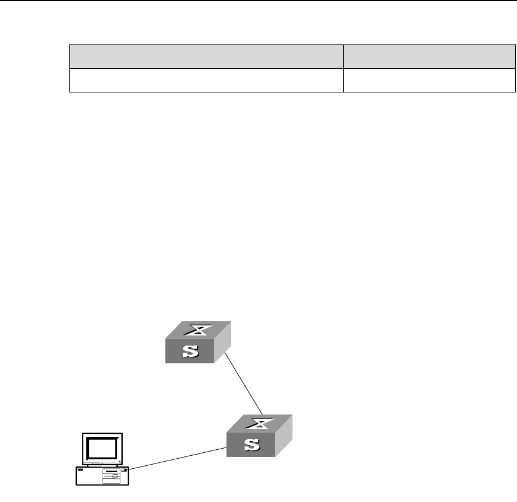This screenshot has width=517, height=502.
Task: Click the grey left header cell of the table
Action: pyautogui.click(x=206, y=57)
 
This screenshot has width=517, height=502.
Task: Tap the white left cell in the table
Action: pyautogui.click(x=206, y=80)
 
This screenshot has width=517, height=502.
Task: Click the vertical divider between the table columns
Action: pyautogui.click(x=344, y=68)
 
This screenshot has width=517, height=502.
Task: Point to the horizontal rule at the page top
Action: pyautogui.click(x=258, y=1)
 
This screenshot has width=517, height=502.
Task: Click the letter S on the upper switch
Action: pyautogui.click(x=190, y=352)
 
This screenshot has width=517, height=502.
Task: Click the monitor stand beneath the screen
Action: pyautogui.click(x=102, y=464)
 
